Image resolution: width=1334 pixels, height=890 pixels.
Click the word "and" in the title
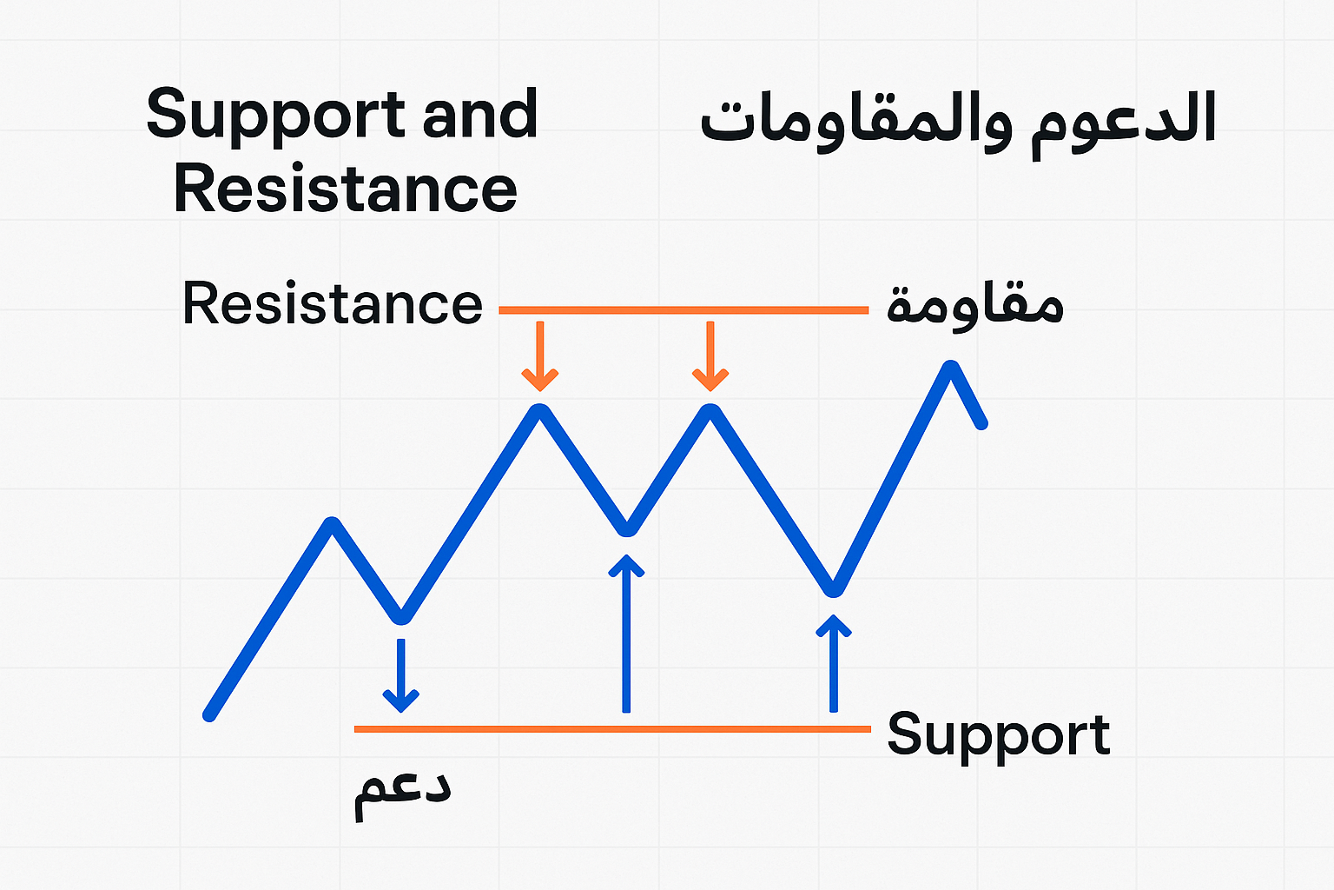480,113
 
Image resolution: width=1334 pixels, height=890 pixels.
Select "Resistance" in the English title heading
346,189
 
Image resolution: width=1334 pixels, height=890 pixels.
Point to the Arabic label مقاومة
975,307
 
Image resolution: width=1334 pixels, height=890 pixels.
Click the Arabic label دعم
403,796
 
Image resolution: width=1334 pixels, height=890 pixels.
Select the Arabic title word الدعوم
1123,123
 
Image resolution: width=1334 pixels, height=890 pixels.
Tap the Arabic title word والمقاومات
855,123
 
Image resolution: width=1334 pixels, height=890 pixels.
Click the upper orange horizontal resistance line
684,310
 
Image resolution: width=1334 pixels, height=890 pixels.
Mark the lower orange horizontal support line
612,729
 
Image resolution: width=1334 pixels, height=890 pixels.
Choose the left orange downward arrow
540,355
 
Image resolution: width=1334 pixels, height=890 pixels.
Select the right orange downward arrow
710,355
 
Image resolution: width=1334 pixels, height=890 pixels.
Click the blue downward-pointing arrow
400,675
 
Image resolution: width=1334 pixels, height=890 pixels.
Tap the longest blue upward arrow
626,633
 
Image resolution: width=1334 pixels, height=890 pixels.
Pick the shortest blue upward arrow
834,663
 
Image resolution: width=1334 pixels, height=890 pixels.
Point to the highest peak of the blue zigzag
950,368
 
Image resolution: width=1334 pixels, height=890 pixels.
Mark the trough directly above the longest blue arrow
626,528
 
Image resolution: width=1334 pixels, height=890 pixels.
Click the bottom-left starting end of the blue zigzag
209,714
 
